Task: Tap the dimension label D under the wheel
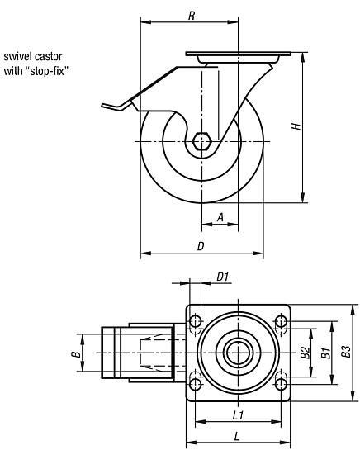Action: (201, 246)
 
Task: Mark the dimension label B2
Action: (305, 353)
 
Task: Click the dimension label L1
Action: (237, 414)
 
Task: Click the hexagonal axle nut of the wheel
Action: (202, 142)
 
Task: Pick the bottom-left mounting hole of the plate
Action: (197, 382)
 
